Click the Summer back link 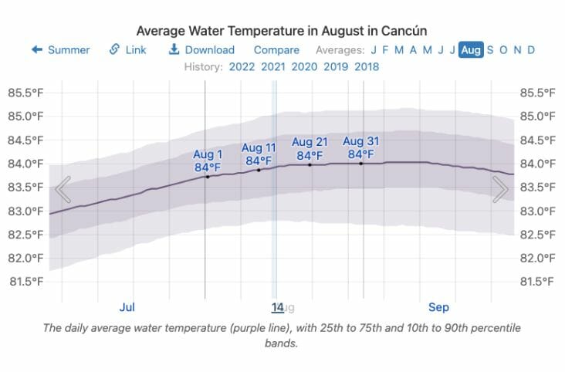(60, 50)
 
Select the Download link (201, 50)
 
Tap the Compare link (276, 50)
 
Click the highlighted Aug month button (471, 50)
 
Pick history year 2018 (367, 66)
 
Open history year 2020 (304, 66)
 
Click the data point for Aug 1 (207, 177)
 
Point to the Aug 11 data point (259, 170)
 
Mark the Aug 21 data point (310, 164)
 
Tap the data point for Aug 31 (360, 163)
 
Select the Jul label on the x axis (127, 307)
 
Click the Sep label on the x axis (438, 307)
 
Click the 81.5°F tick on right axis (539, 281)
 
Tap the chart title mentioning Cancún (282, 31)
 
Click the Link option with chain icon (127, 50)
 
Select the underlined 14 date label (278, 307)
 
